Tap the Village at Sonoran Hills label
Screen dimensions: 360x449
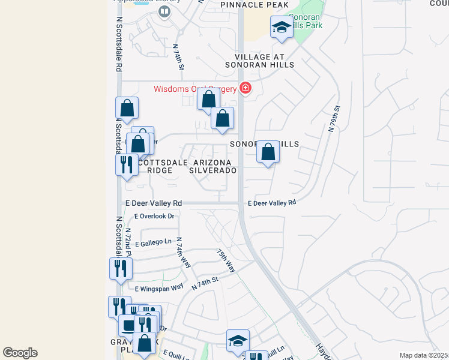click(259, 60)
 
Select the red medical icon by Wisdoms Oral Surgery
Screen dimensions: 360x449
click(245, 88)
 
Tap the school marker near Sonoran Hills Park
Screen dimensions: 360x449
click(280, 28)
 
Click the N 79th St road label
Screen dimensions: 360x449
click(334, 119)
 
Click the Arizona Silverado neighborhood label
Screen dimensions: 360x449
click(212, 166)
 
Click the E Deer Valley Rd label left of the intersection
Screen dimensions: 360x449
click(152, 203)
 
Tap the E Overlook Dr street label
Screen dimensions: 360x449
click(154, 215)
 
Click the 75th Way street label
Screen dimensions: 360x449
click(226, 260)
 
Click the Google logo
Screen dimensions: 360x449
click(20, 353)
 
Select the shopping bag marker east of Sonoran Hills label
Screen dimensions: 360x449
click(268, 153)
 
